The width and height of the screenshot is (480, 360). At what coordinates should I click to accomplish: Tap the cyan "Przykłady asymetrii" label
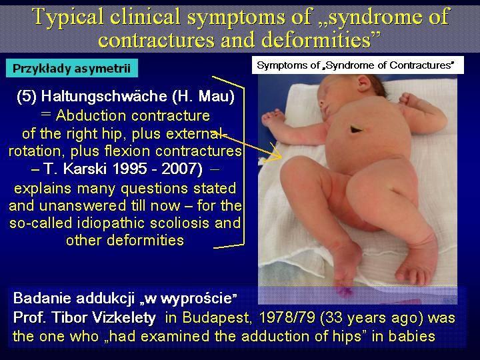[x=71, y=68]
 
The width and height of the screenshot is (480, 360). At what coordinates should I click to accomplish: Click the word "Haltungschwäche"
[x=104, y=97]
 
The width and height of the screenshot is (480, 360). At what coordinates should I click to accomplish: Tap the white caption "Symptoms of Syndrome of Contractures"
[x=355, y=65]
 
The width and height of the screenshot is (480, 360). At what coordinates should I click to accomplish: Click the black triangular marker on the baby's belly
[x=356, y=129]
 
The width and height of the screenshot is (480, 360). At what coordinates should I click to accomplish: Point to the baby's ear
[x=364, y=83]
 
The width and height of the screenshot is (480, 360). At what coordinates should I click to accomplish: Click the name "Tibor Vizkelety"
[x=104, y=318]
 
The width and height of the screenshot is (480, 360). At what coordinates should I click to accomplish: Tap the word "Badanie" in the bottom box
[x=42, y=298]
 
